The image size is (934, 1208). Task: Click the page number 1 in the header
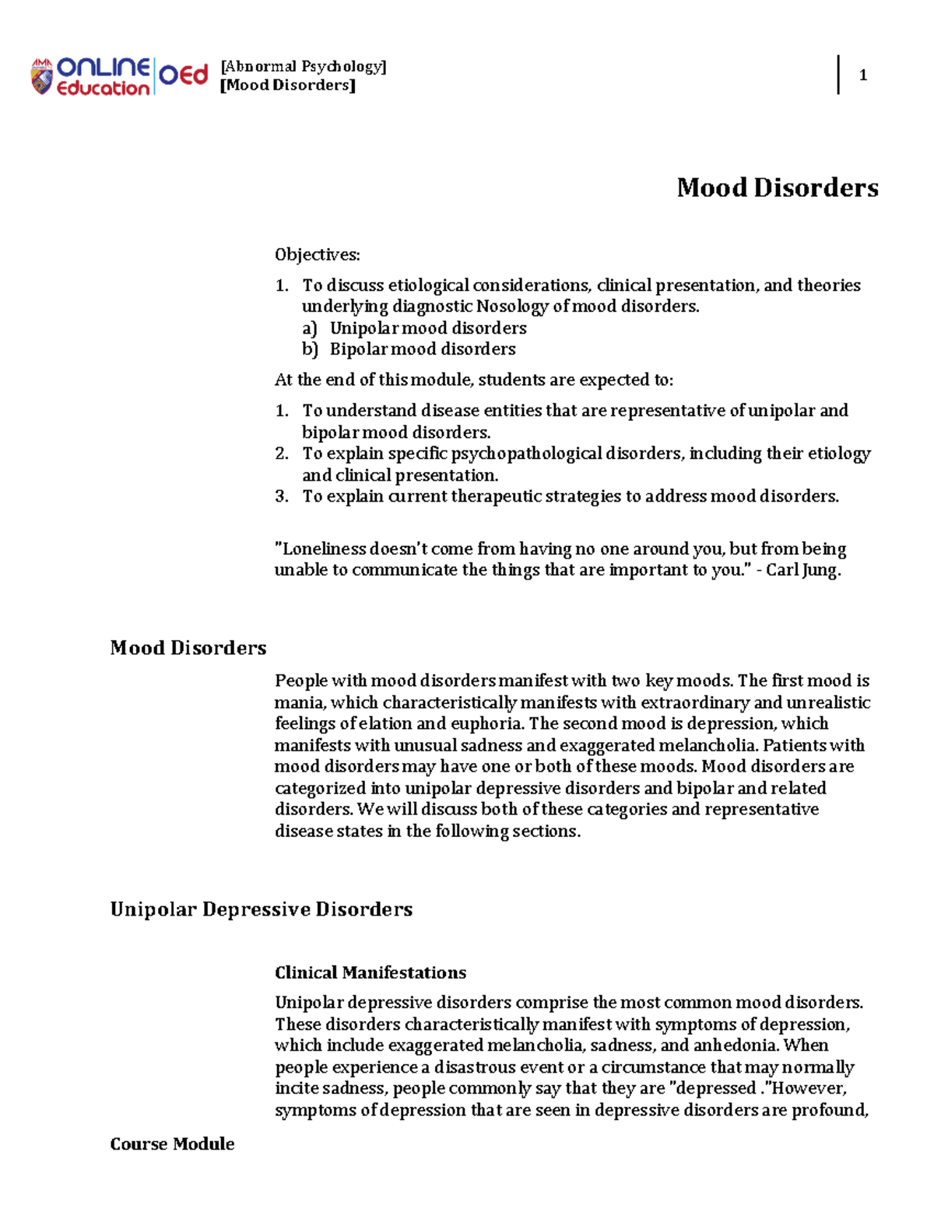pos(862,75)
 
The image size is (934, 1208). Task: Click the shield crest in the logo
pos(41,77)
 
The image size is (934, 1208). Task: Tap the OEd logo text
pos(184,75)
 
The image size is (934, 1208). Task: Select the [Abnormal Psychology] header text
pos(304,66)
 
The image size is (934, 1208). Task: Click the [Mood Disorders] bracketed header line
pos(288,86)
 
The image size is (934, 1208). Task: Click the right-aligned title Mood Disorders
pos(777,187)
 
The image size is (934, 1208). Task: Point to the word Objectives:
pos(317,255)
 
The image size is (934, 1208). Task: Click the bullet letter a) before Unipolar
pos(310,328)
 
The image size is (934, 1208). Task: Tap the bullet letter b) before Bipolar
pos(310,349)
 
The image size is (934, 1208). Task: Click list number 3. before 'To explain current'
pos(282,496)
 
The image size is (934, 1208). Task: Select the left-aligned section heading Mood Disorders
pos(188,648)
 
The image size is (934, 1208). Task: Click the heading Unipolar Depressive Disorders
pos(261,909)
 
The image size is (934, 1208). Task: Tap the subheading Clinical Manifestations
pos(370,972)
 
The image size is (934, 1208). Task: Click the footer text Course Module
pos(172,1143)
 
